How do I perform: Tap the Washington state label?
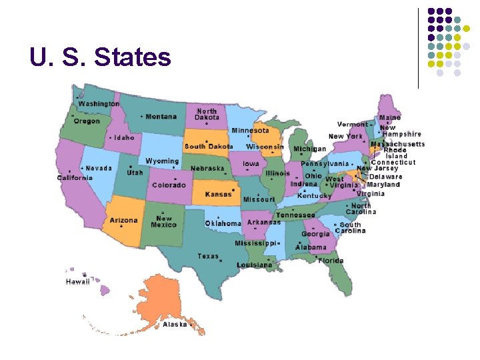[x=99, y=104]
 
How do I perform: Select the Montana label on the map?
[x=161, y=117]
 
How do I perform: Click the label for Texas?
[x=208, y=256]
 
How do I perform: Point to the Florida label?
[x=331, y=261]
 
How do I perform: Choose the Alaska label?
[x=175, y=325]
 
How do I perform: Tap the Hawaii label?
[x=77, y=282]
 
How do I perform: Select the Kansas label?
[x=218, y=195]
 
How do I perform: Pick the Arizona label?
[x=124, y=221]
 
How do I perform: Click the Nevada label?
[x=98, y=169]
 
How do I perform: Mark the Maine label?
[x=390, y=118]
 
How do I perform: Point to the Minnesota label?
[x=250, y=131]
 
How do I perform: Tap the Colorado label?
[x=169, y=185]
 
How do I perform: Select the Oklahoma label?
[x=223, y=223]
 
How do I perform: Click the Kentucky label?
[x=314, y=196]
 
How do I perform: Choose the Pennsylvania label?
[x=325, y=163]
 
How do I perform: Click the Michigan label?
[x=309, y=149]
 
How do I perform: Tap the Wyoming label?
[x=162, y=161]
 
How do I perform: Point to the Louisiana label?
[x=254, y=265]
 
